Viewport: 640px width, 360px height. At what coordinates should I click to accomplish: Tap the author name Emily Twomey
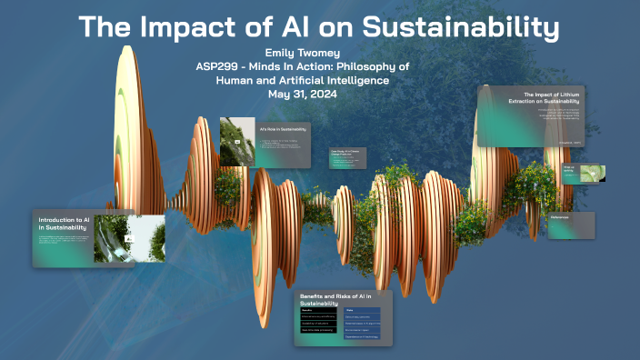click(318, 52)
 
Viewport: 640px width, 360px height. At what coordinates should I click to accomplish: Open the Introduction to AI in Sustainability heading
click(64, 224)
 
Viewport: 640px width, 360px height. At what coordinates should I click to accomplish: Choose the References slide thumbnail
click(571, 224)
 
